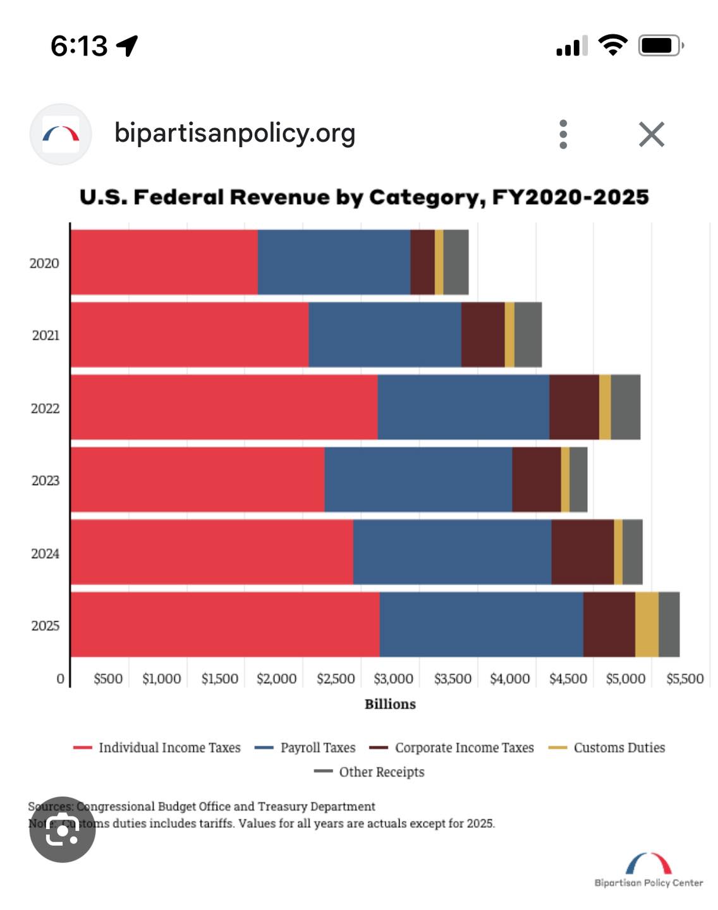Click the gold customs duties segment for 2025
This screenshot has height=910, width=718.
[x=647, y=624]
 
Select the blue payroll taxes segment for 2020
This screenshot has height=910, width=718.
[x=334, y=262]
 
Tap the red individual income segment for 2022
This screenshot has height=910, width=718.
[x=224, y=407]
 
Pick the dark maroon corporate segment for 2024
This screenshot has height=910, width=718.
[x=582, y=552]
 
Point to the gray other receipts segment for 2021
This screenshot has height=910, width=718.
[x=528, y=335]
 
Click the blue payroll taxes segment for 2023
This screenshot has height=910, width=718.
[x=418, y=480]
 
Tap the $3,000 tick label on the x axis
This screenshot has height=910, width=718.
[x=393, y=679]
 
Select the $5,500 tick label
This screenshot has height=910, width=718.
[x=685, y=679]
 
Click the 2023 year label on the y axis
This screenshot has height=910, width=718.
[x=46, y=481]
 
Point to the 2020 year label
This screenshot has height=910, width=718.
[x=44, y=264]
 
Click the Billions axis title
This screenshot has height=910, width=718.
[x=390, y=704]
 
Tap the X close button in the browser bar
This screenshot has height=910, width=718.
[x=651, y=134]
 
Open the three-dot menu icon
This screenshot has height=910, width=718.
[x=563, y=134]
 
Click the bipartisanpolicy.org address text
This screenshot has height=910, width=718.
[x=234, y=133]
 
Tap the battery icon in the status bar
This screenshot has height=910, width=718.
[x=660, y=45]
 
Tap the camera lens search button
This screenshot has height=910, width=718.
[x=62, y=829]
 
